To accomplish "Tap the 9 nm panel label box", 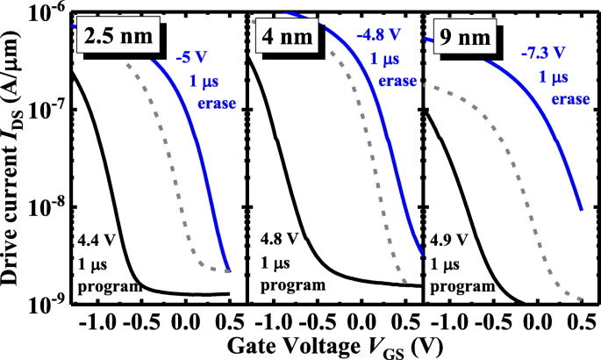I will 459,38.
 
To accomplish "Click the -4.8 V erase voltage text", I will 378,37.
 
